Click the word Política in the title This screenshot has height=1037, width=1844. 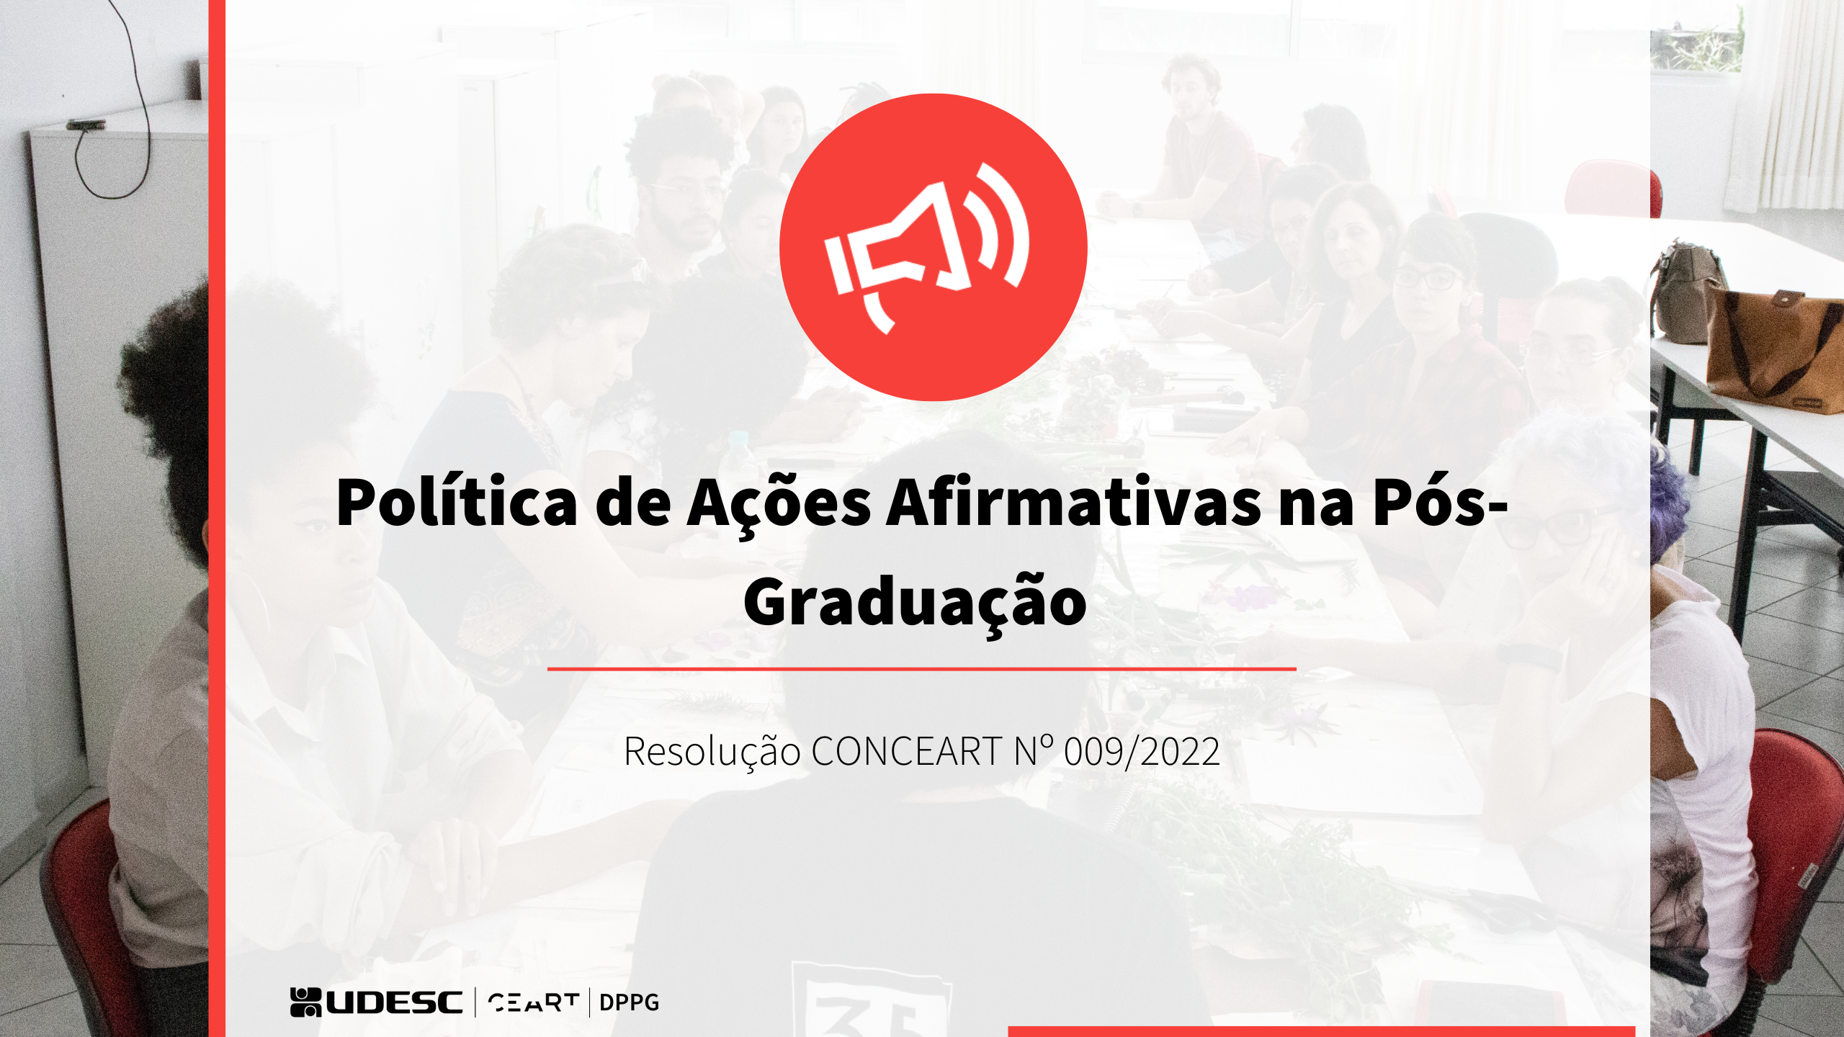click(x=457, y=502)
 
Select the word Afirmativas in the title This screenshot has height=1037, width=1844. click(x=1073, y=502)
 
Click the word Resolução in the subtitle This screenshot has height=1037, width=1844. click(x=712, y=751)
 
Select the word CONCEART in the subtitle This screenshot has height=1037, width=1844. click(x=907, y=751)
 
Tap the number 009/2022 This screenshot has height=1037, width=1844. click(x=1142, y=751)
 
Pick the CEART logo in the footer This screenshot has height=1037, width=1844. click(x=533, y=1002)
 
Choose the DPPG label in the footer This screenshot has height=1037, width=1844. click(x=629, y=1002)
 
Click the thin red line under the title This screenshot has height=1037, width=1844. click(x=921, y=669)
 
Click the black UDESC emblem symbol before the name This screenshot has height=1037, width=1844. click(x=305, y=1002)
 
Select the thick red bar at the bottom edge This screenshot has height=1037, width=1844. click(x=1321, y=1032)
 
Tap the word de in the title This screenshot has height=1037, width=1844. click(x=632, y=502)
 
